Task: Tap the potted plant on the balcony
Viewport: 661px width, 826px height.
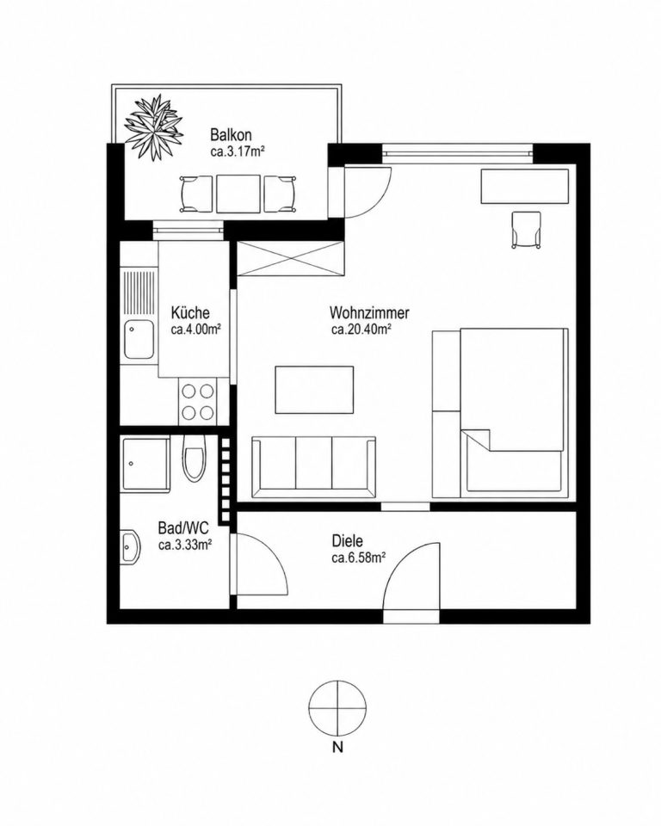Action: [154, 126]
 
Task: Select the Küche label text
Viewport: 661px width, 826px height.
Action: [190, 313]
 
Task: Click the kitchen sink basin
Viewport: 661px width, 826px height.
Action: [139, 341]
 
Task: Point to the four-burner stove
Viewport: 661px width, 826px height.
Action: [198, 401]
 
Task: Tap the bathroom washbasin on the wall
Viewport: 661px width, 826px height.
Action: [130, 546]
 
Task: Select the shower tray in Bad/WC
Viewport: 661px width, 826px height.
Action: [145, 464]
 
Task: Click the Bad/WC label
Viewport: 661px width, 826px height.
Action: [183, 527]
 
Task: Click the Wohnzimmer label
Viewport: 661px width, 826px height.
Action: [369, 313]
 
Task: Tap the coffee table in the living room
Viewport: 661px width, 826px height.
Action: [314, 390]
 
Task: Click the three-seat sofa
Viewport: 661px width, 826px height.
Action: [313, 466]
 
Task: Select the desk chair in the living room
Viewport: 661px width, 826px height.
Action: [526, 229]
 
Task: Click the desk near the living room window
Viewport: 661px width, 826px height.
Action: [525, 186]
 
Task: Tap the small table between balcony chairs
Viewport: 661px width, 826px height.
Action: [238, 194]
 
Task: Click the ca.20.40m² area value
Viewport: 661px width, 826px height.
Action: [361, 330]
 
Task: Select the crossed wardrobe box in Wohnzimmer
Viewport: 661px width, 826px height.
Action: [290, 258]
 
